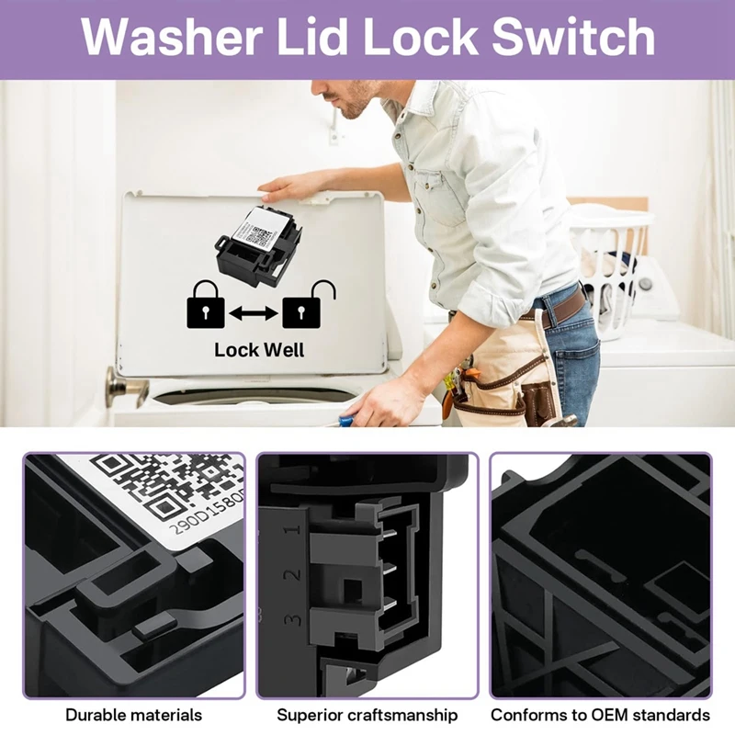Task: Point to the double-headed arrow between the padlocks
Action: [254, 314]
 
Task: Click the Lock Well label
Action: [259, 350]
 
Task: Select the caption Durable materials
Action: [134, 715]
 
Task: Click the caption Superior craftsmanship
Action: [367, 715]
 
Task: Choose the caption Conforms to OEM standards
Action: [600, 715]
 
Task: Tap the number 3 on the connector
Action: [293, 618]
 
